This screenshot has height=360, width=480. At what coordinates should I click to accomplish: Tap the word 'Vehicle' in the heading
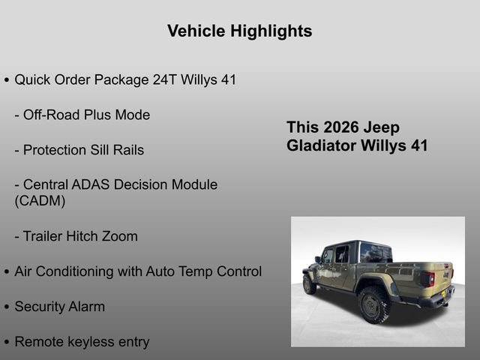196,31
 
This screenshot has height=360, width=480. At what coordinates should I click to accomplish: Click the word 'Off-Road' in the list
53,115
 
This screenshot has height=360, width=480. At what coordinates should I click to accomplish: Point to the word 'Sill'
100,150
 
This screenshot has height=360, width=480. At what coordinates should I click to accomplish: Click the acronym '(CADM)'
40,201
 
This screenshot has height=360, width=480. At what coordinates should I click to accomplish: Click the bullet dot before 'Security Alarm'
7,307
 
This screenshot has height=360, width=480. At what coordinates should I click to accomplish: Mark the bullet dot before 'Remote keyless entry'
7,343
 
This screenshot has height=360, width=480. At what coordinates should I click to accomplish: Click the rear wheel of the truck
373,304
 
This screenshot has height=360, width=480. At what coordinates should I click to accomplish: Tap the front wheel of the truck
309,284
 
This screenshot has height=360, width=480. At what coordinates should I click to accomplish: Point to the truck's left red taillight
427,279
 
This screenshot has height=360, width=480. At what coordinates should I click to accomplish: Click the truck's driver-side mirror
318,259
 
